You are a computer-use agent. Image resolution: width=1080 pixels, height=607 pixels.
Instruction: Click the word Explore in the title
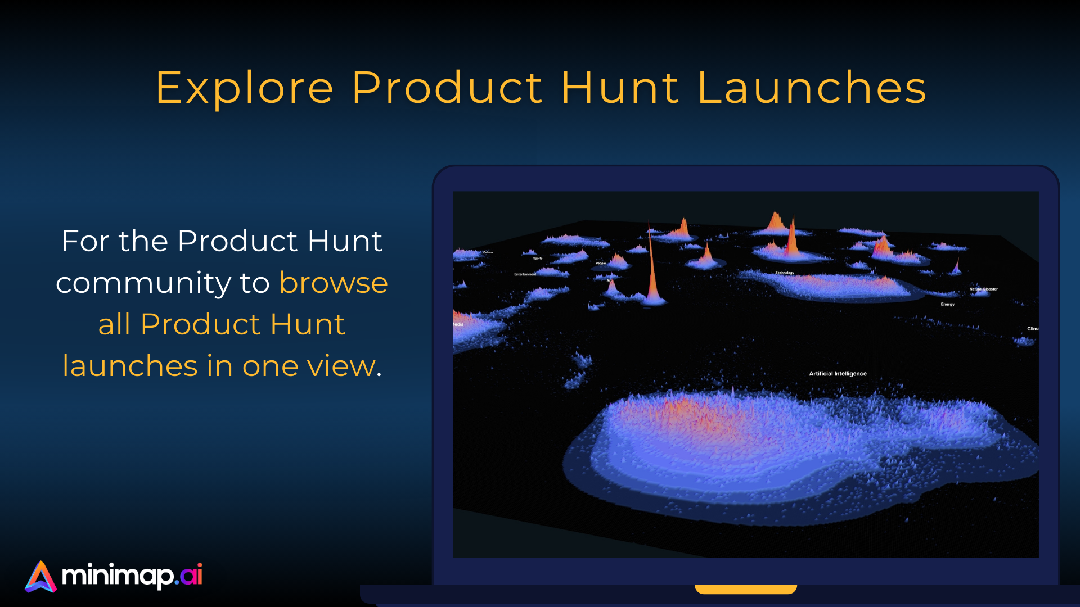(245, 88)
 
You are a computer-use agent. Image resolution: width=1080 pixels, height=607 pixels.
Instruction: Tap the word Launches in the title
(812, 88)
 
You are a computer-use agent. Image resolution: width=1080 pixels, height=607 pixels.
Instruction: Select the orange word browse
(334, 283)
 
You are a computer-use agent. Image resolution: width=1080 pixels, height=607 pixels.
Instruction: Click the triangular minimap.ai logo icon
(40, 577)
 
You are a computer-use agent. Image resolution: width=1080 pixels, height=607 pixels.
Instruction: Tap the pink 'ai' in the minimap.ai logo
(192, 574)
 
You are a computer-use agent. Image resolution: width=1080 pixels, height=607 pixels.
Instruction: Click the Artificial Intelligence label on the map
(838, 374)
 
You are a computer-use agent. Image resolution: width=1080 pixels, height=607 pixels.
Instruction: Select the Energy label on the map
(948, 305)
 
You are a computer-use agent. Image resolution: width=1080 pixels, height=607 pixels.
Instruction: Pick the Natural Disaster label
(983, 289)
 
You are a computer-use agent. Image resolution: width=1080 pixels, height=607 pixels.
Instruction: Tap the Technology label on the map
(785, 273)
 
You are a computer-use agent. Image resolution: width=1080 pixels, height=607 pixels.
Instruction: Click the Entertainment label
(525, 275)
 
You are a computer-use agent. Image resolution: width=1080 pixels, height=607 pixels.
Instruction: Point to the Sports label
(538, 259)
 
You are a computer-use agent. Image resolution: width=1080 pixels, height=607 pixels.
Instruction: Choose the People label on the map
(601, 263)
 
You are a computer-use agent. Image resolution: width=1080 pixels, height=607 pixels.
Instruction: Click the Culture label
(488, 252)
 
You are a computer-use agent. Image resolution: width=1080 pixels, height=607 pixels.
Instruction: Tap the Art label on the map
(609, 280)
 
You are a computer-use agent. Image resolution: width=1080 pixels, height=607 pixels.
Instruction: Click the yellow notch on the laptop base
(746, 589)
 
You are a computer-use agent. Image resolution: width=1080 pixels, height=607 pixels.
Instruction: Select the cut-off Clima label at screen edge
(1033, 329)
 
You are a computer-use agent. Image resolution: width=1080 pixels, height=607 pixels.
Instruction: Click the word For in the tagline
(85, 241)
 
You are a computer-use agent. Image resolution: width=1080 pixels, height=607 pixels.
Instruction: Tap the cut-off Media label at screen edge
(458, 324)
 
